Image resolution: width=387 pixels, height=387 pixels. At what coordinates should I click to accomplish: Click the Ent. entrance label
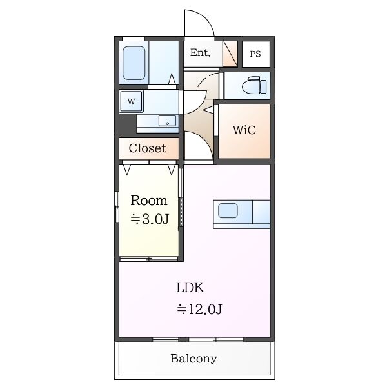tap(200, 53)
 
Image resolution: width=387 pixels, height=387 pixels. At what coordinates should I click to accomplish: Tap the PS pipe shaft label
tap(255, 54)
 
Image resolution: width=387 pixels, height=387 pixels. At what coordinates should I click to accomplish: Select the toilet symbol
tap(254, 85)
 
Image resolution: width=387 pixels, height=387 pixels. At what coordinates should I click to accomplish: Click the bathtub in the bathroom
tap(134, 63)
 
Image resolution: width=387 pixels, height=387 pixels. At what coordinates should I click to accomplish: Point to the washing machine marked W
tap(132, 101)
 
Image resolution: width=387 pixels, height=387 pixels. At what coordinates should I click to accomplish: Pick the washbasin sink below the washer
tap(168, 121)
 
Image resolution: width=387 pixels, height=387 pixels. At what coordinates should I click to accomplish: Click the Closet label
tap(147, 148)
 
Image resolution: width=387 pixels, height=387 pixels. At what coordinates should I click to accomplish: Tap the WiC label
tap(244, 130)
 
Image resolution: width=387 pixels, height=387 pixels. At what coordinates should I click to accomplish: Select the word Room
tap(149, 201)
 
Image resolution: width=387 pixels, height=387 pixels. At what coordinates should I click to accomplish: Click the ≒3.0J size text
tap(150, 219)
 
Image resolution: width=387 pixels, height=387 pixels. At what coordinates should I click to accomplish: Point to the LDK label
tap(190, 288)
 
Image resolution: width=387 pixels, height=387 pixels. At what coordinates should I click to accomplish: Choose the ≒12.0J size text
tap(199, 309)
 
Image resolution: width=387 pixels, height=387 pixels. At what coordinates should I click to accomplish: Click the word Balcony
tap(193, 359)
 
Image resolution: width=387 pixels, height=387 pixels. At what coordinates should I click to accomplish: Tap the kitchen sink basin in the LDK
tap(228, 210)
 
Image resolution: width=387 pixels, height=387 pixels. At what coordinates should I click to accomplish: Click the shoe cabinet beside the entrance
tap(230, 54)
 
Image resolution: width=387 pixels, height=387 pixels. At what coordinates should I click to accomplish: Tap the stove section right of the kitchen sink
tap(261, 212)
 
